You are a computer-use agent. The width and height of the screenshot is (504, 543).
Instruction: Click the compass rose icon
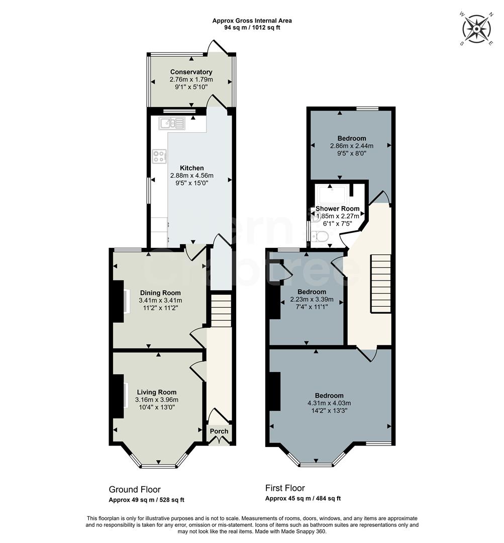pyautogui.click(x=475, y=29)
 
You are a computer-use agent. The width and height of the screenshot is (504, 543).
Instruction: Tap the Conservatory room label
pyautogui.click(x=191, y=72)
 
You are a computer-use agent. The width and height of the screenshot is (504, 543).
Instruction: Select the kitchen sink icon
pyautogui.click(x=172, y=123)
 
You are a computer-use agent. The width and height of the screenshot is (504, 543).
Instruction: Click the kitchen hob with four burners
pyautogui.click(x=160, y=156)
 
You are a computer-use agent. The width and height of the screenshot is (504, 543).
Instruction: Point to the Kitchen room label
pyautogui.click(x=192, y=168)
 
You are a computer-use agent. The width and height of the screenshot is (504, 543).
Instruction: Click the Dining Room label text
pyautogui.click(x=160, y=293)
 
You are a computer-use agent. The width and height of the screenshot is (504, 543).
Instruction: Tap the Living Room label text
pyautogui.click(x=156, y=392)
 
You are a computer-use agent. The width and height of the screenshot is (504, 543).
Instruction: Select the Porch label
pyautogui.click(x=219, y=431)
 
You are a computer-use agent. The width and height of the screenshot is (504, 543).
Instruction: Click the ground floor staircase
pyautogui.click(x=220, y=311)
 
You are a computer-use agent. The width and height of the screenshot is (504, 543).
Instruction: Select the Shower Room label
pyautogui.click(x=337, y=209)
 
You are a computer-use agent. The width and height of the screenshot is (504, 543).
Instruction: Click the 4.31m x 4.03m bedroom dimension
pyautogui.click(x=329, y=403)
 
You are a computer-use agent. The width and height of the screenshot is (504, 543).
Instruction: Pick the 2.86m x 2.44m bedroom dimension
pyautogui.click(x=352, y=146)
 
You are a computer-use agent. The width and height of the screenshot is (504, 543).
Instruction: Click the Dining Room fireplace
pyautogui.click(x=119, y=301)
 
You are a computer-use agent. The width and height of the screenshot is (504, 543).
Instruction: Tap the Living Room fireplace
pyautogui.click(x=119, y=396)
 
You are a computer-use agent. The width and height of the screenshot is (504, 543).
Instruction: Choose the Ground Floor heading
pyautogui.click(x=135, y=489)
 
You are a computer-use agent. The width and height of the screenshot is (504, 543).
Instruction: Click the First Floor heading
pyautogui.click(x=285, y=488)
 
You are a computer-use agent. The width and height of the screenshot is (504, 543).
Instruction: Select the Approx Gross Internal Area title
pyautogui.click(x=252, y=21)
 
